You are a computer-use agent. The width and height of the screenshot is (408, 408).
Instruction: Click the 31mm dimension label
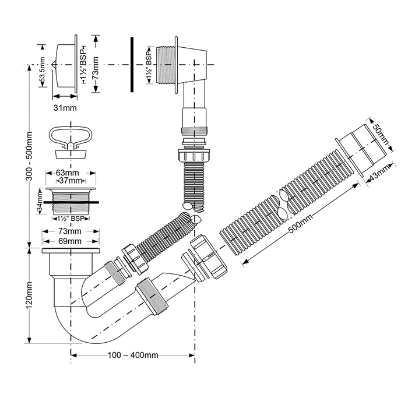point(65,108)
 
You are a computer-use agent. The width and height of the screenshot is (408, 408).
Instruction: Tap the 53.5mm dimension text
point(42,72)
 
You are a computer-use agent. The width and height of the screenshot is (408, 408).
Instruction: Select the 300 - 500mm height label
point(29,156)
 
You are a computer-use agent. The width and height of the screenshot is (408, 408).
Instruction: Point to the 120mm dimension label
point(29,295)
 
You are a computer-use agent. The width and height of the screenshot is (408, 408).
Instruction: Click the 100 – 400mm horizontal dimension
point(133,355)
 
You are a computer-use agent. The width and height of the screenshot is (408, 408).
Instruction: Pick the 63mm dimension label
point(68,173)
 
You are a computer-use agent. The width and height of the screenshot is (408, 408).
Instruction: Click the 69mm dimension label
point(70,241)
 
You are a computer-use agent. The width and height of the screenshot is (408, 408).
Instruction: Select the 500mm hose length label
point(301,223)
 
